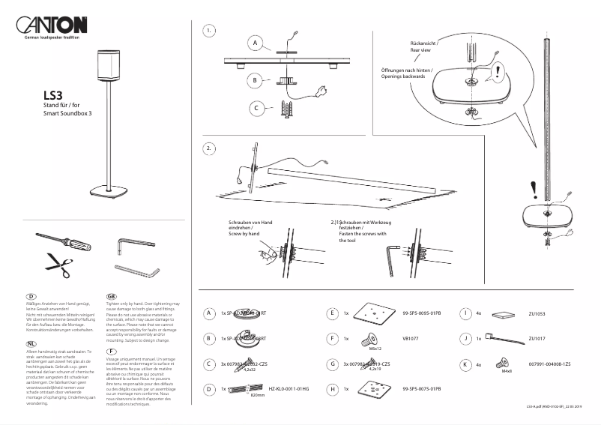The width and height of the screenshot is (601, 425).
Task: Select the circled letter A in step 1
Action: [255, 44]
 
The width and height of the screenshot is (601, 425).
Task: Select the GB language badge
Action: [111, 296]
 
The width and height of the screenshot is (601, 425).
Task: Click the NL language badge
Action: [31, 343]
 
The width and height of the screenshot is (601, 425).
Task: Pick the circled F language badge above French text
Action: [111, 351]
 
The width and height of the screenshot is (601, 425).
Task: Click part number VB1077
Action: [410, 338]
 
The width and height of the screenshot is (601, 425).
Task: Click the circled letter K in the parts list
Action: [466, 364]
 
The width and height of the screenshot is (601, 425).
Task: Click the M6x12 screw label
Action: [376, 349]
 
